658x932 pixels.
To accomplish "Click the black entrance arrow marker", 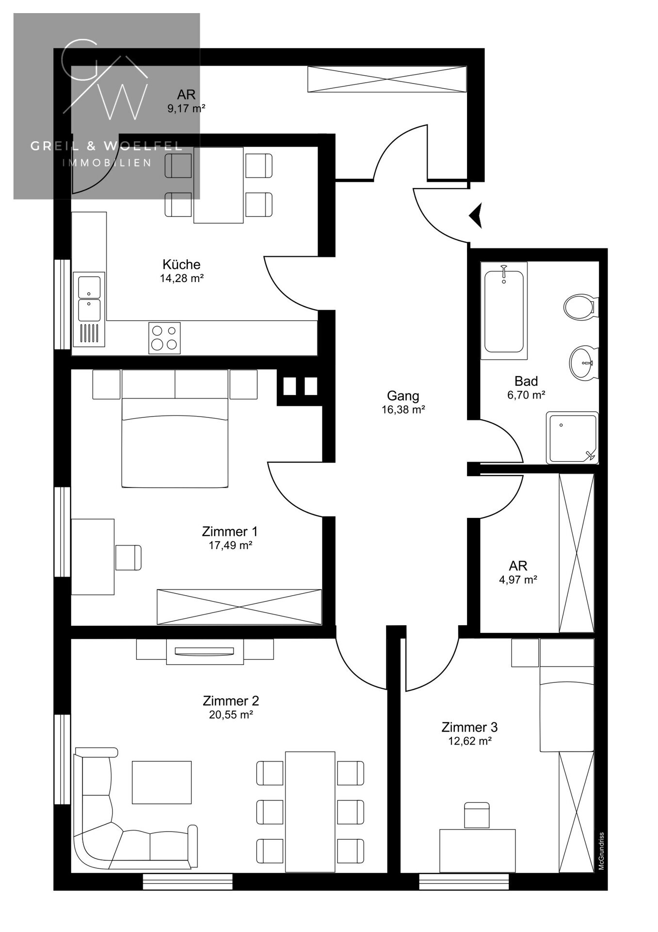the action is pyautogui.click(x=476, y=215).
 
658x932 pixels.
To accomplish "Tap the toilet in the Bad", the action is pyautogui.click(x=581, y=306).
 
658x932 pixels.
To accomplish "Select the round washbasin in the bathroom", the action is pyautogui.click(x=583, y=362).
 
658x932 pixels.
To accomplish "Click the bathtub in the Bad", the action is pyautogui.click(x=504, y=311).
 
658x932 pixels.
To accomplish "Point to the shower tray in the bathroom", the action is pyautogui.click(x=572, y=438).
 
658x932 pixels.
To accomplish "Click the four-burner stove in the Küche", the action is pyautogui.click(x=164, y=338).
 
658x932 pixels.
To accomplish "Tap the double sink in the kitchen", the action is pyautogui.click(x=89, y=309).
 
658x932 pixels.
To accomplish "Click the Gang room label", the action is pyautogui.click(x=403, y=396).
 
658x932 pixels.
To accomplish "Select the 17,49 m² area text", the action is pyautogui.click(x=230, y=545).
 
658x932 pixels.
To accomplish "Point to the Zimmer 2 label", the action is pyautogui.click(x=231, y=700).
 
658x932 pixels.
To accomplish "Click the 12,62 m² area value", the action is pyautogui.click(x=470, y=741).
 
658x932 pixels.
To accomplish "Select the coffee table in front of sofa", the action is pyautogui.click(x=161, y=782).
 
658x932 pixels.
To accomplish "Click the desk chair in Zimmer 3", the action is pyautogui.click(x=477, y=815).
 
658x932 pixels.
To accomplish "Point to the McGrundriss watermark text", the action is pyautogui.click(x=601, y=851).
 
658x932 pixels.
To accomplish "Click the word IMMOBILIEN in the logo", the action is pyautogui.click(x=107, y=163).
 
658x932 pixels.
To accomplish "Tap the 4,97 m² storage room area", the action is pyautogui.click(x=518, y=579).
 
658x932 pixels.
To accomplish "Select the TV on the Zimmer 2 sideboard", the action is pyautogui.click(x=205, y=651).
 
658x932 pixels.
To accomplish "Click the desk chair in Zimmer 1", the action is pyautogui.click(x=128, y=557).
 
